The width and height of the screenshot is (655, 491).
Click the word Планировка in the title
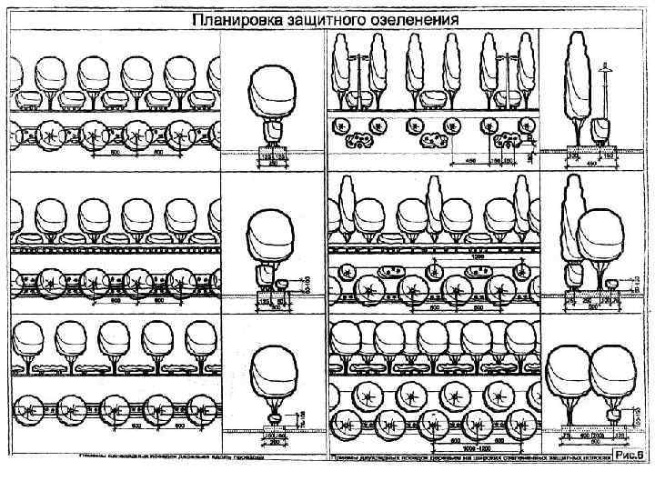pos(231,18)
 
